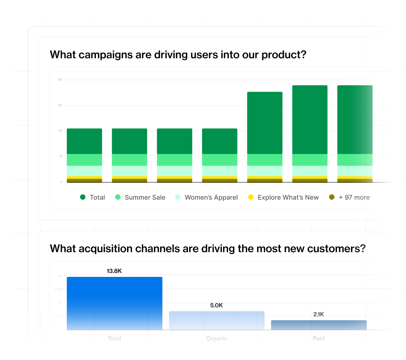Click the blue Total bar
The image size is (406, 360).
click(114, 303)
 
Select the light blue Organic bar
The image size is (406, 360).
click(216, 320)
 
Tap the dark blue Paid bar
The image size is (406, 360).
click(319, 325)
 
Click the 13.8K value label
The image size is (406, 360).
click(114, 271)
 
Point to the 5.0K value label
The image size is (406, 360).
click(216, 305)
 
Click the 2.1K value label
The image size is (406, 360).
click(319, 314)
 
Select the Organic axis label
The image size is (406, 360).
click(216, 338)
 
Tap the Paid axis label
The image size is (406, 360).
click(319, 338)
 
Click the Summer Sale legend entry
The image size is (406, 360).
click(145, 197)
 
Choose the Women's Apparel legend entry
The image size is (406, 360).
click(211, 197)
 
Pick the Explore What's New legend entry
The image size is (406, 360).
click(288, 197)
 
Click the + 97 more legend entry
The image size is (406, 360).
click(354, 197)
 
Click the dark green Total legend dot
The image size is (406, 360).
click(83, 197)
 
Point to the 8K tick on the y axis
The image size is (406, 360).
click(60, 80)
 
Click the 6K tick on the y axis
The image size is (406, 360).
click(60, 105)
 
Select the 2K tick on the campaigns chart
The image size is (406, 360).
click(61, 156)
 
